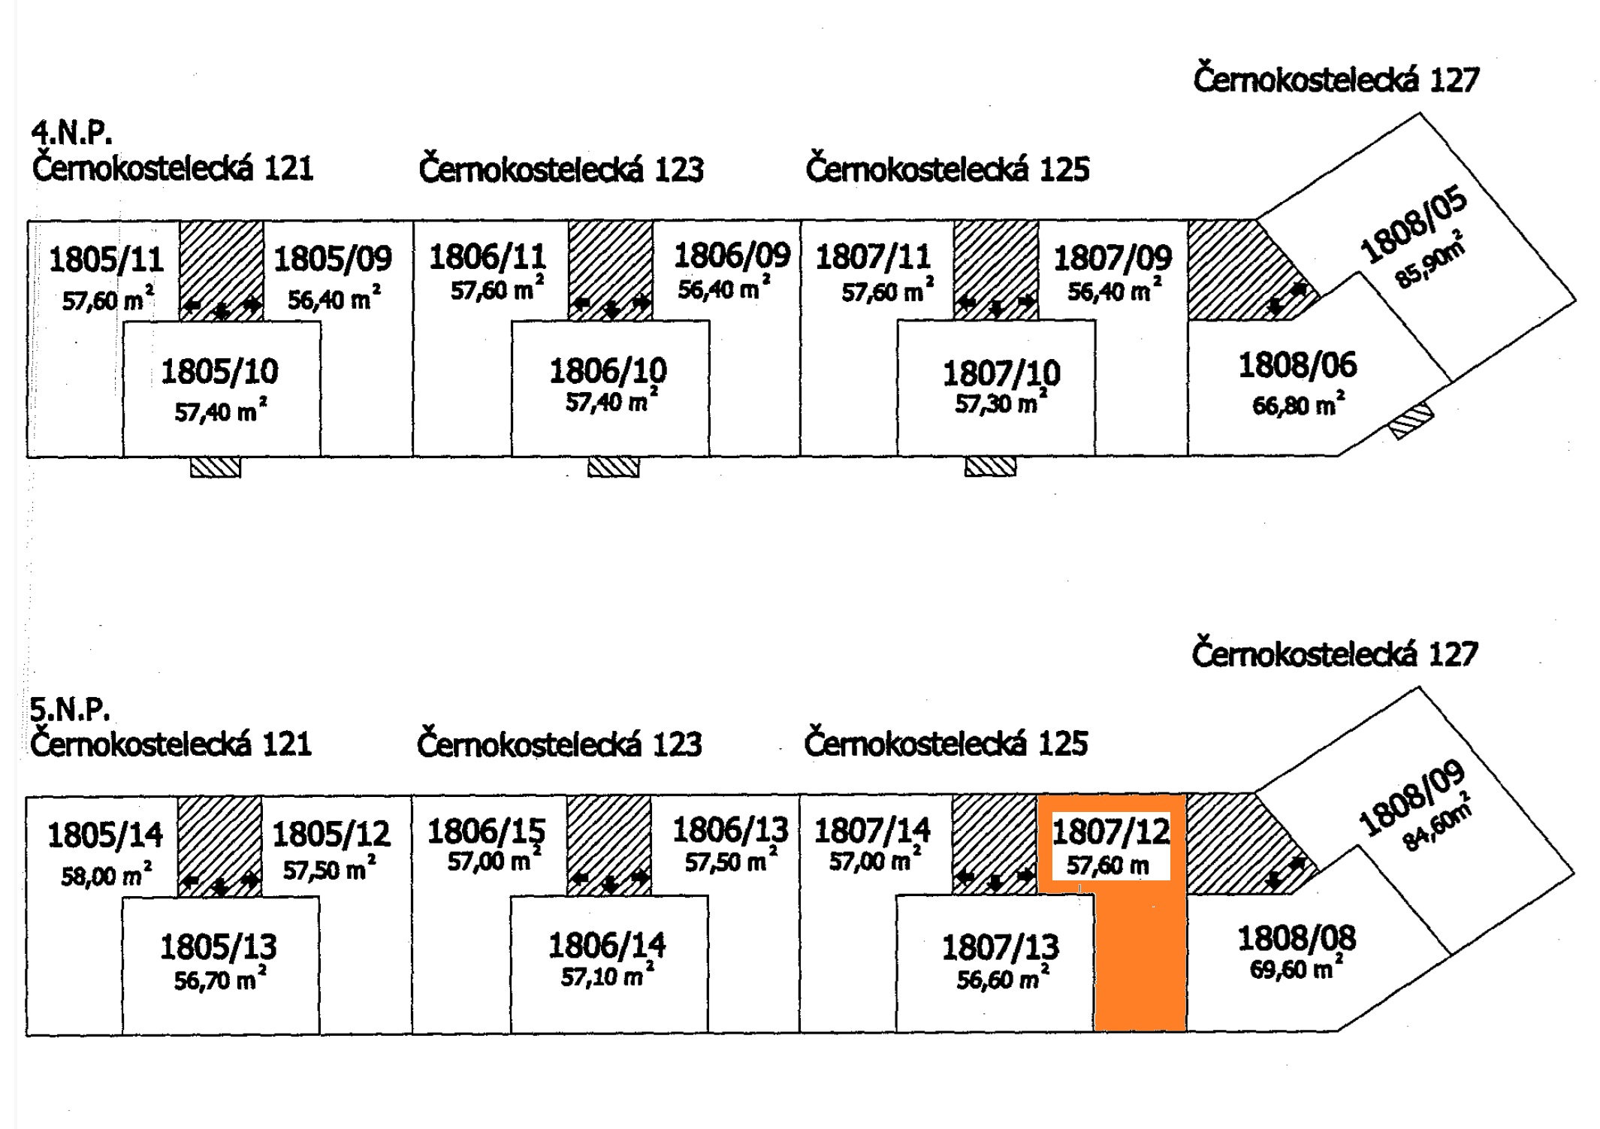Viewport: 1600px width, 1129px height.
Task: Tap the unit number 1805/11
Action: pyautogui.click(x=106, y=260)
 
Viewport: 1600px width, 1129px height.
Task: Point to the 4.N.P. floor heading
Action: pyautogui.click(x=71, y=133)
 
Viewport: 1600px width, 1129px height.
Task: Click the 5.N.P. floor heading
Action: pyautogui.click(x=70, y=709)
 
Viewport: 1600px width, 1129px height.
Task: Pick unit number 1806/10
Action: pyautogui.click(x=608, y=371)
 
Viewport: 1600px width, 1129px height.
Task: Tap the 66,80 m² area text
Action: pyautogui.click(x=1298, y=406)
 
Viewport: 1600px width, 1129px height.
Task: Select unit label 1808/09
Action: pyautogui.click(x=1411, y=798)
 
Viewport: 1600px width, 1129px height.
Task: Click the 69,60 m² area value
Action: pyautogui.click(x=1296, y=969)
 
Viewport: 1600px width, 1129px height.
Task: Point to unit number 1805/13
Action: pyautogui.click(x=218, y=947)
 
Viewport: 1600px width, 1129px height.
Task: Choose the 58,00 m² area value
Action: pyautogui.click(x=106, y=875)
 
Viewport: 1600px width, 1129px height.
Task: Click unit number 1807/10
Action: pyautogui.click(x=1001, y=373)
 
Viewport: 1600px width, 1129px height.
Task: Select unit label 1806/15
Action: pyautogui.click(x=486, y=832)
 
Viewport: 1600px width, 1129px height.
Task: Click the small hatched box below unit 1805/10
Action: pyautogui.click(x=216, y=468)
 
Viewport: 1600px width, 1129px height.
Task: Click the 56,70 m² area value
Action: pyautogui.click(x=219, y=980)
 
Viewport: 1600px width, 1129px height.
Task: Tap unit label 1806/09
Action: pyautogui.click(x=732, y=256)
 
